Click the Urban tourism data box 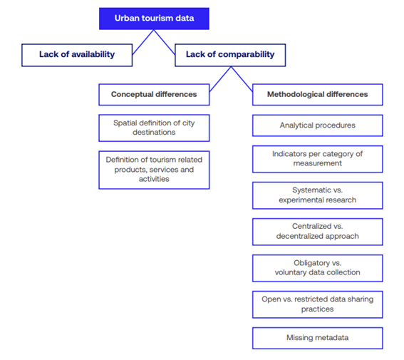154,19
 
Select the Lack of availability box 77,55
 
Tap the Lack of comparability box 230,55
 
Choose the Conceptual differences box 154,95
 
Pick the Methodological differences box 318,95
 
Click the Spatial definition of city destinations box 154,128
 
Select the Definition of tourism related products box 154,170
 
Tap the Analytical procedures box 318,125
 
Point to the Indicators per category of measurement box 318,159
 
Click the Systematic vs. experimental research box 318,195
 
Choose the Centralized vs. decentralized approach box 318,232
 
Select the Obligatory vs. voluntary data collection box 318,268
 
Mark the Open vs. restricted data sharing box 318,304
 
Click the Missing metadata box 318,338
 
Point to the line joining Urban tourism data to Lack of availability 143,42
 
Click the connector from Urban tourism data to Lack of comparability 165,42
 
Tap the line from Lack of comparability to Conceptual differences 220,79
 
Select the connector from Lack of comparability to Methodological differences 242,79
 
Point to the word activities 154,179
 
